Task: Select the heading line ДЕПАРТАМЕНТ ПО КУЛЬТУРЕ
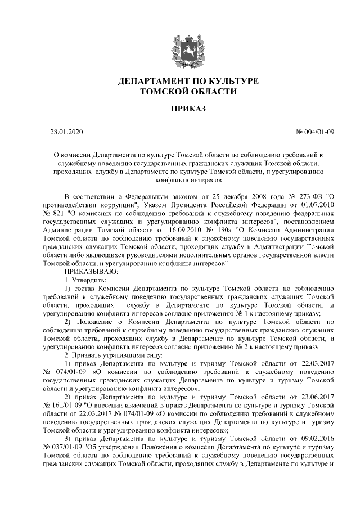tap(181, 82)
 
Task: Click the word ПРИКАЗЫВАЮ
tap(91, 271)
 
